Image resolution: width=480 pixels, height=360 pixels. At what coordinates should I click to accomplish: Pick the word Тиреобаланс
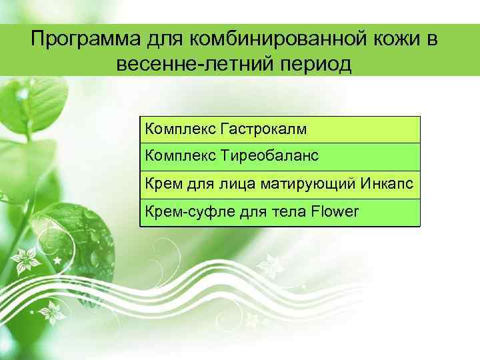[x=270, y=156]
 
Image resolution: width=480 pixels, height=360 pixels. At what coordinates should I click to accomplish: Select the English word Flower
[x=335, y=211]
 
